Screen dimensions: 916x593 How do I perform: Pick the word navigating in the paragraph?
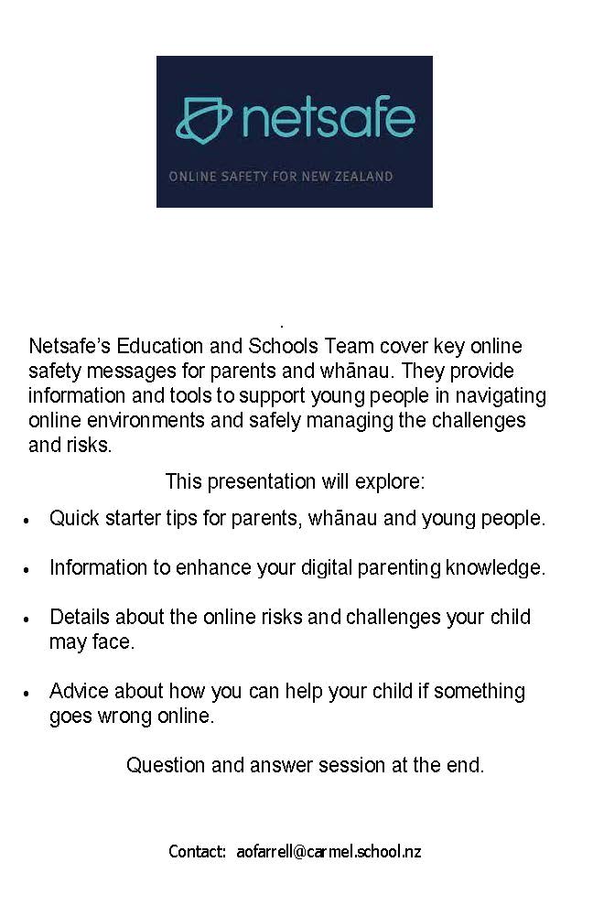click(501, 396)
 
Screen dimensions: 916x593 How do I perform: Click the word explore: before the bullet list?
click(394, 481)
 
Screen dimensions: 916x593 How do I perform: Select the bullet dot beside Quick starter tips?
click(27, 520)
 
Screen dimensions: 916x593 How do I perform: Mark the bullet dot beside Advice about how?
click(27, 693)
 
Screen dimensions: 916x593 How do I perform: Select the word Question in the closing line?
click(166, 765)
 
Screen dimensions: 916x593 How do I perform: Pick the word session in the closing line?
click(354, 765)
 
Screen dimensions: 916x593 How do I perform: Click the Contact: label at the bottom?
click(197, 852)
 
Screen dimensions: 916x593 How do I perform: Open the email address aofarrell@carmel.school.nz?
click(329, 852)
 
